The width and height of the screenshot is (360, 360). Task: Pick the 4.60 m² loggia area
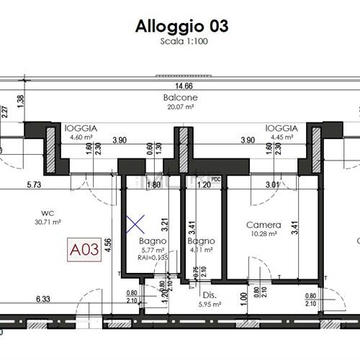pyautogui.click(x=81, y=136)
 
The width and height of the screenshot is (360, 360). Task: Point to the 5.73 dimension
pyautogui.click(x=34, y=184)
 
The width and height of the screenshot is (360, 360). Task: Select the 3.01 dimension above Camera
pyautogui.click(x=272, y=184)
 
